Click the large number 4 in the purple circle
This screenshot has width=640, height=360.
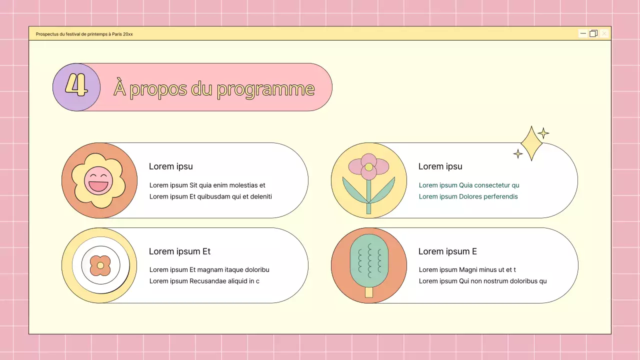(76, 86)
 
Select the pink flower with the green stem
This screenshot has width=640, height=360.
(368, 167)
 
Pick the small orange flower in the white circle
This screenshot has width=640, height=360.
(100, 265)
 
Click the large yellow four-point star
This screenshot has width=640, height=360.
(531, 143)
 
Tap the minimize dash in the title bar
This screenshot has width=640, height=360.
(583, 33)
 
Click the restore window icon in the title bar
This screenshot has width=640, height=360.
(593, 33)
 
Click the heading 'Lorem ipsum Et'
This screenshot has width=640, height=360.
(179, 251)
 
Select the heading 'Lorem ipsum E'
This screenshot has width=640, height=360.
(447, 251)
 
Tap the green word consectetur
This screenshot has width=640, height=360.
(492, 185)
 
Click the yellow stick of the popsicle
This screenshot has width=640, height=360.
(369, 292)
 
